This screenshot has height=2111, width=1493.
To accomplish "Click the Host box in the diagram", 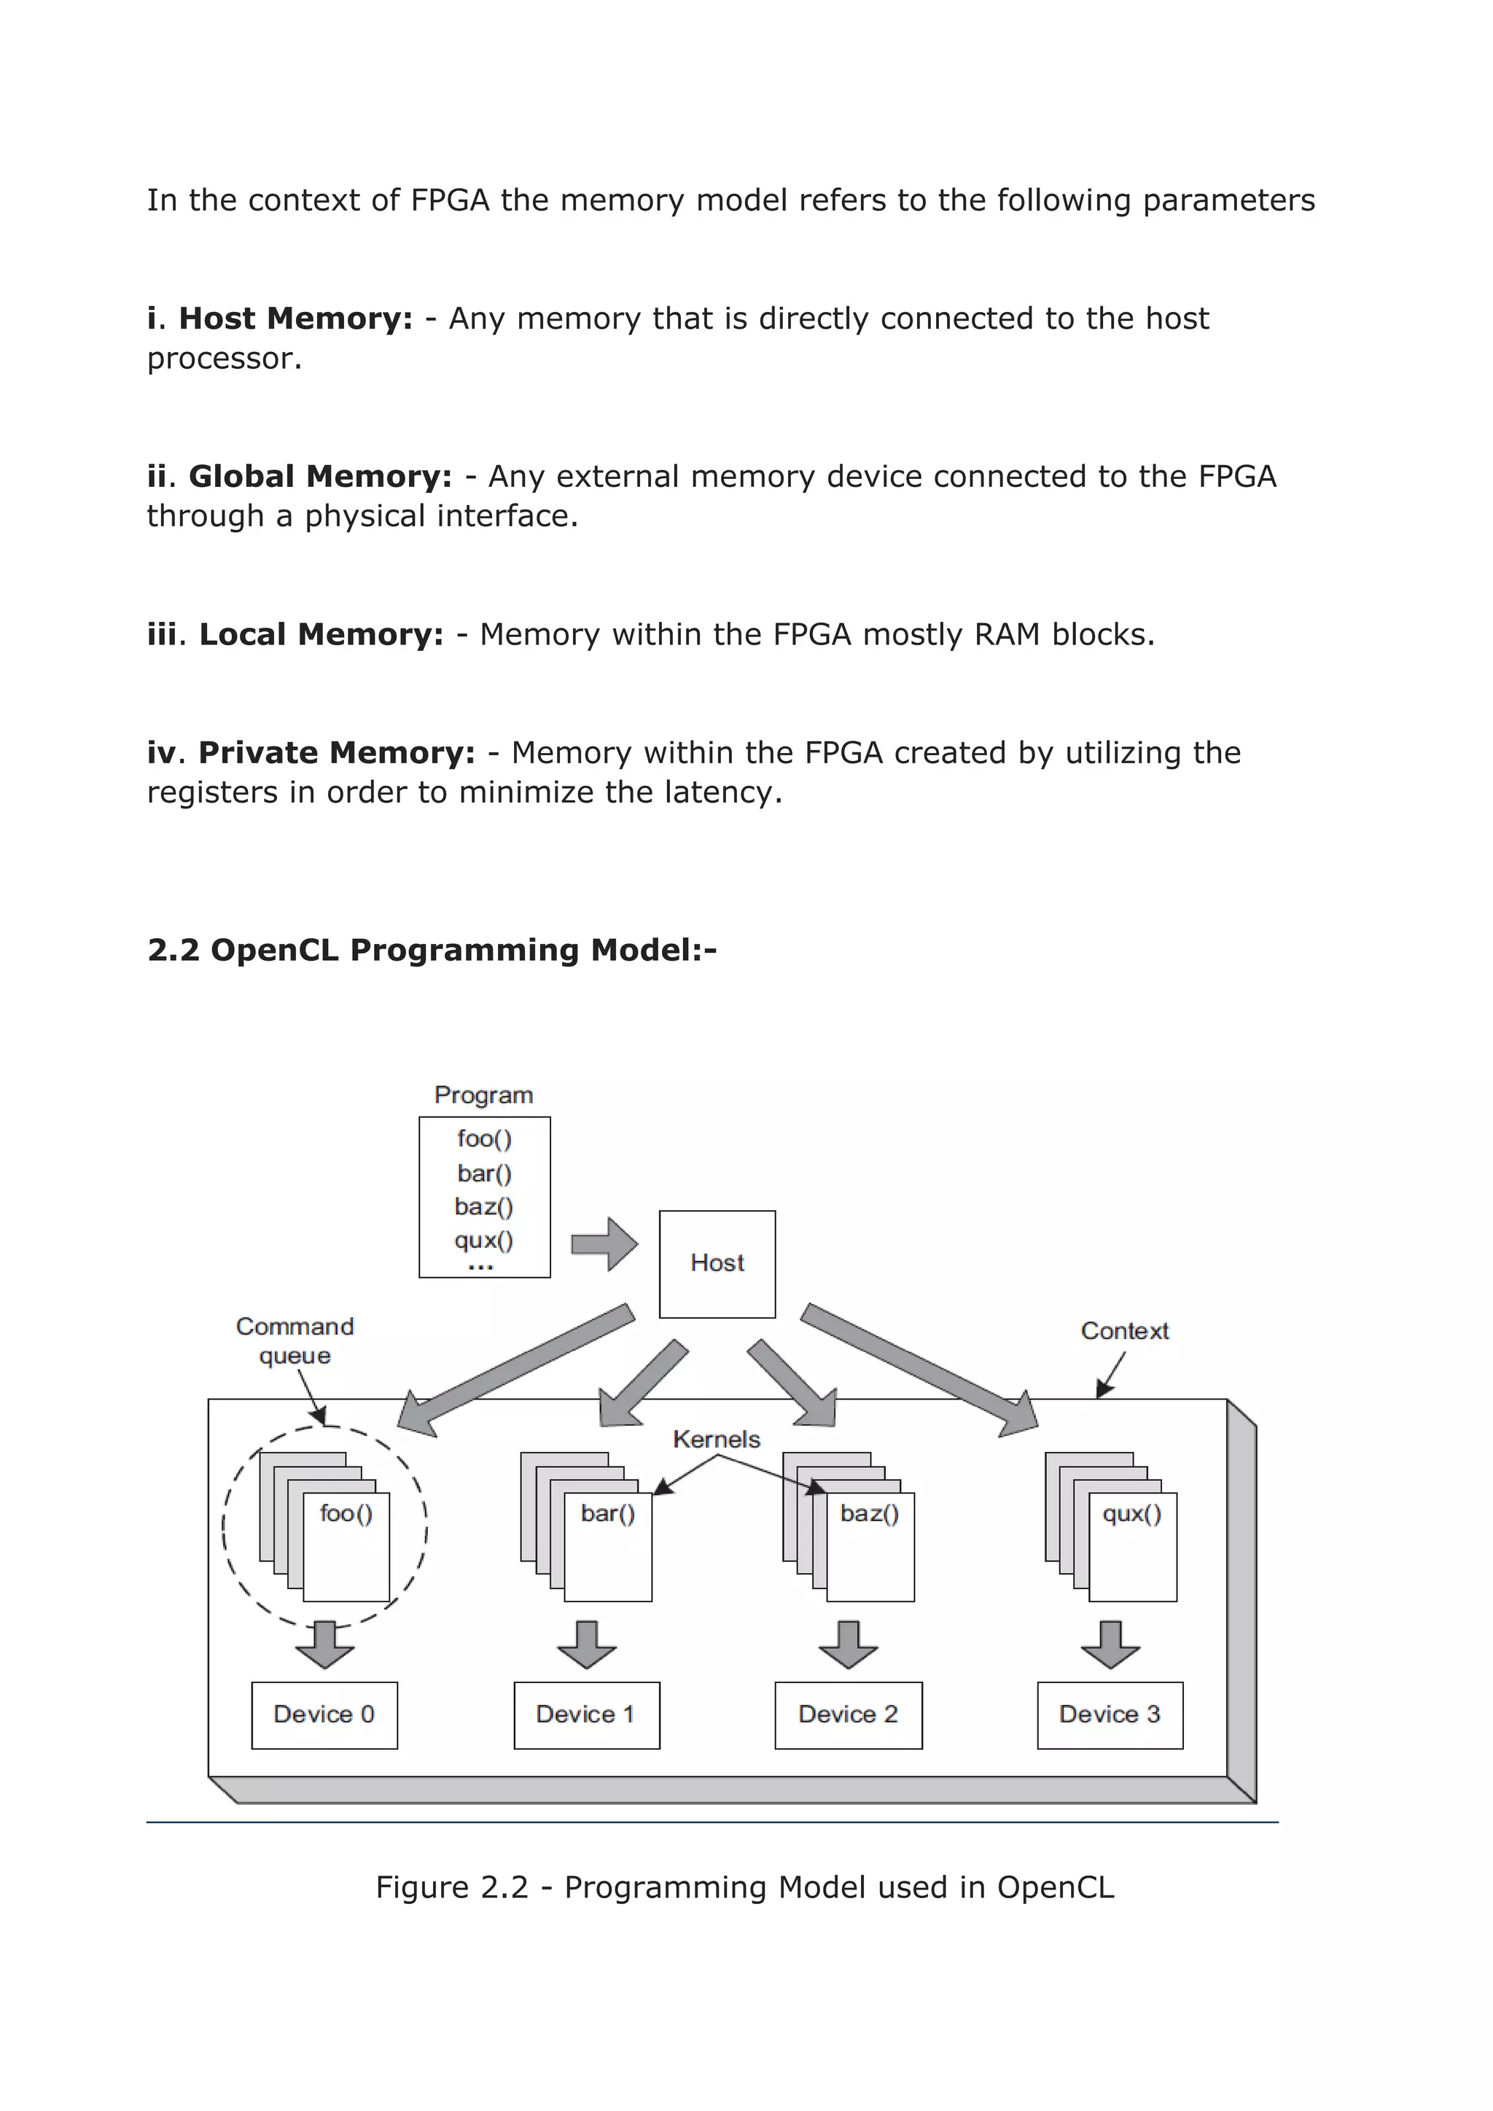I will [x=717, y=1263].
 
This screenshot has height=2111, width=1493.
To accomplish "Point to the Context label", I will [x=1123, y=1330].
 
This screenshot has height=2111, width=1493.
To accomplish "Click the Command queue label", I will [x=295, y=1341].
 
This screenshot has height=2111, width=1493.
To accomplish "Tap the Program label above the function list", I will [x=483, y=1095].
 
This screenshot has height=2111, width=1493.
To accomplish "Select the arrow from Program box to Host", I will [x=604, y=1245].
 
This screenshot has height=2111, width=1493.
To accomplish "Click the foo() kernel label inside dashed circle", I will [x=346, y=1513].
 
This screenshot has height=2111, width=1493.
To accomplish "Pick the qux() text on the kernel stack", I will [x=1131, y=1513].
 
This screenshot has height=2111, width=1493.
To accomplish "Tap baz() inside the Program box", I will [x=483, y=1206].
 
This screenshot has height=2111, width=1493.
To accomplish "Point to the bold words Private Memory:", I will [x=337, y=753].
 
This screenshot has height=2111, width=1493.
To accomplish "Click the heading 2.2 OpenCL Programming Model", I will [x=432, y=950].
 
